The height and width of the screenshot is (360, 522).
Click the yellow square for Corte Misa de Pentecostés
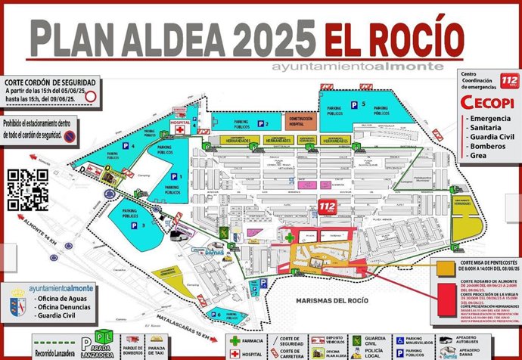[443, 266]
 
